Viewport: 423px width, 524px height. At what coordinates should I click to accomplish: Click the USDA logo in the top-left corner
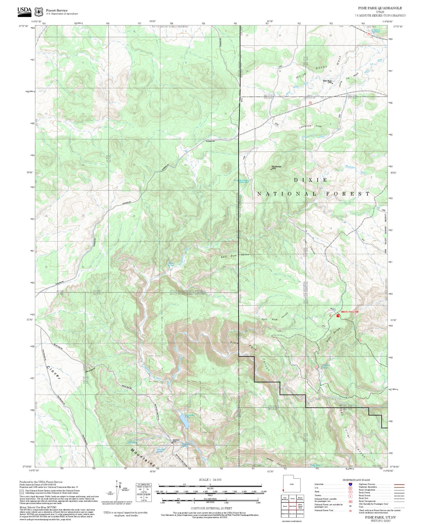click(25, 11)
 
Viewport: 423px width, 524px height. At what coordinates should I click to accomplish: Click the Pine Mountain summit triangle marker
click(271, 169)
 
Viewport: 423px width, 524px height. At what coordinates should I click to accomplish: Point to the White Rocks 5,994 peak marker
click(332, 83)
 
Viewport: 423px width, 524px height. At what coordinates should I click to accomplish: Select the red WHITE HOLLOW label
click(349, 312)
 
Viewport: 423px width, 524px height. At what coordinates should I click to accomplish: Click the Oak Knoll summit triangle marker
click(173, 443)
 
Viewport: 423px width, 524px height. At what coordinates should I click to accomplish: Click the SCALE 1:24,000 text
click(210, 480)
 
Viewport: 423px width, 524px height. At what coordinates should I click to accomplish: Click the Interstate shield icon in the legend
click(350, 484)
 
